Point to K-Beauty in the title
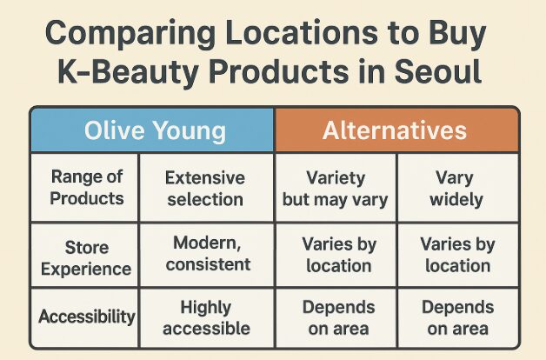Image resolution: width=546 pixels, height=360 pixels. pyautogui.click(x=128, y=73)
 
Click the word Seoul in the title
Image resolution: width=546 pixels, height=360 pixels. pyautogui.click(x=437, y=70)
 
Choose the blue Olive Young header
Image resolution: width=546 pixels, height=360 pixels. pyautogui.click(x=152, y=130)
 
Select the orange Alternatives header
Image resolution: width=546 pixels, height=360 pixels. pyautogui.click(x=396, y=130)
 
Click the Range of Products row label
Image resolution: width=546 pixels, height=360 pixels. pyautogui.click(x=87, y=187)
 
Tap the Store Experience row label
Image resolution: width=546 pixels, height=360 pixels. pyautogui.click(x=86, y=258)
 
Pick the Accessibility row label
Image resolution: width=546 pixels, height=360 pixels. pyautogui.click(x=87, y=317)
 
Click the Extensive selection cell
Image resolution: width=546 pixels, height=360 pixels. pyautogui.click(x=205, y=189)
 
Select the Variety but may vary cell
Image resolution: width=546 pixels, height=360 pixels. pyautogui.click(x=335, y=189)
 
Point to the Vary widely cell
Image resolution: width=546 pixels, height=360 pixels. pyautogui.click(x=456, y=189)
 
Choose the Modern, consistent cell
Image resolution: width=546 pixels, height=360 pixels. pyautogui.click(x=208, y=253)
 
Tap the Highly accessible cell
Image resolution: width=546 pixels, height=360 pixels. pyautogui.click(x=206, y=318)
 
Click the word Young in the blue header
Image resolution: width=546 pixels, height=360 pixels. pyautogui.click(x=190, y=132)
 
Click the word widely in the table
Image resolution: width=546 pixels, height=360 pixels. pyautogui.click(x=456, y=200)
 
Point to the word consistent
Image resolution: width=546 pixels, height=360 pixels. pyautogui.click(x=208, y=264)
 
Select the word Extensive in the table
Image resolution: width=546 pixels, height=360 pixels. pyautogui.click(x=205, y=178)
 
